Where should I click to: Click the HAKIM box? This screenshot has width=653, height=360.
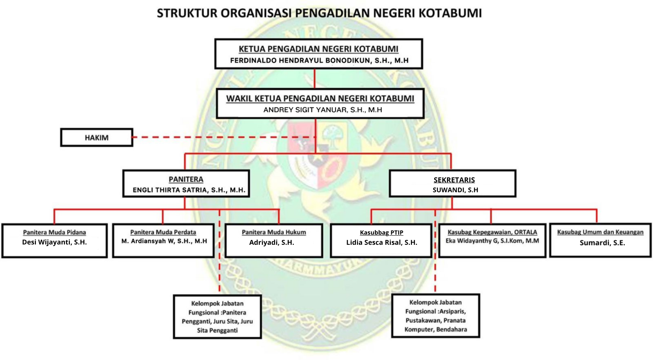[x=97, y=137]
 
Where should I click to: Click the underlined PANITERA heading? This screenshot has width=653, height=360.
[x=186, y=179]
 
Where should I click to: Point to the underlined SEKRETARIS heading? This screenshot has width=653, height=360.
[x=454, y=180]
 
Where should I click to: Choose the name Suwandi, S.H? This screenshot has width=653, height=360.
[x=455, y=190]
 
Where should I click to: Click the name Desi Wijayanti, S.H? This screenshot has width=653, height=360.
[x=55, y=242]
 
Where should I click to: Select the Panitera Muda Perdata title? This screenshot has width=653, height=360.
[x=163, y=232]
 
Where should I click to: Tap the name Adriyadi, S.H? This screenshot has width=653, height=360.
[x=272, y=243]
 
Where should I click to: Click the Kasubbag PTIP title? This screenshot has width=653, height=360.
[x=381, y=232]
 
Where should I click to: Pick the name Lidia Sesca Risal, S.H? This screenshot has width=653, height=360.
[x=382, y=243]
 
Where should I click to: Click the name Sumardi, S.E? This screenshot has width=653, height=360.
[x=602, y=243]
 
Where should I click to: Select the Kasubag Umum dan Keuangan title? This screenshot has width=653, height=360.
[x=600, y=232]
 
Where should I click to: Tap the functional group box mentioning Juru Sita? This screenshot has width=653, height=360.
[x=217, y=317]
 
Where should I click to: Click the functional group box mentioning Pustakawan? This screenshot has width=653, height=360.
[x=436, y=316]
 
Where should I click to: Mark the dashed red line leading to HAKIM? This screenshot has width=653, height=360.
[x=222, y=137]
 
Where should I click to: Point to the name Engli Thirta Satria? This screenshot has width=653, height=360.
[x=189, y=190]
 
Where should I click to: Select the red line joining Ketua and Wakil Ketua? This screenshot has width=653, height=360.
[x=315, y=78]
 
